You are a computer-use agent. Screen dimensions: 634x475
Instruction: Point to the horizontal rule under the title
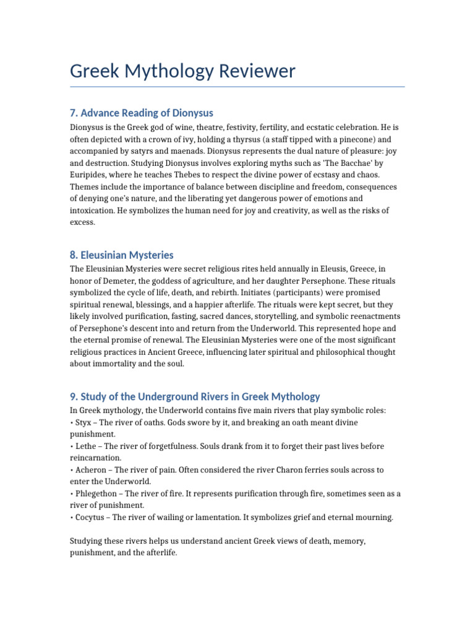click(237, 87)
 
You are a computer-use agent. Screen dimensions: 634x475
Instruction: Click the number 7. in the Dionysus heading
click(74, 113)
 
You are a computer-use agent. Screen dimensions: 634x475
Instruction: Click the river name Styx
click(83, 422)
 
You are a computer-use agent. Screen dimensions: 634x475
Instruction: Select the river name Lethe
click(87, 446)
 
